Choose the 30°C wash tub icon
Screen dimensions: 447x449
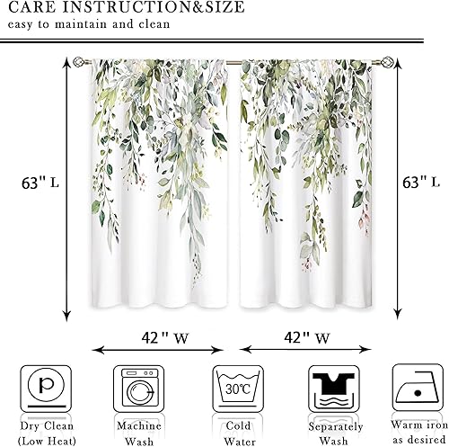233,388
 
